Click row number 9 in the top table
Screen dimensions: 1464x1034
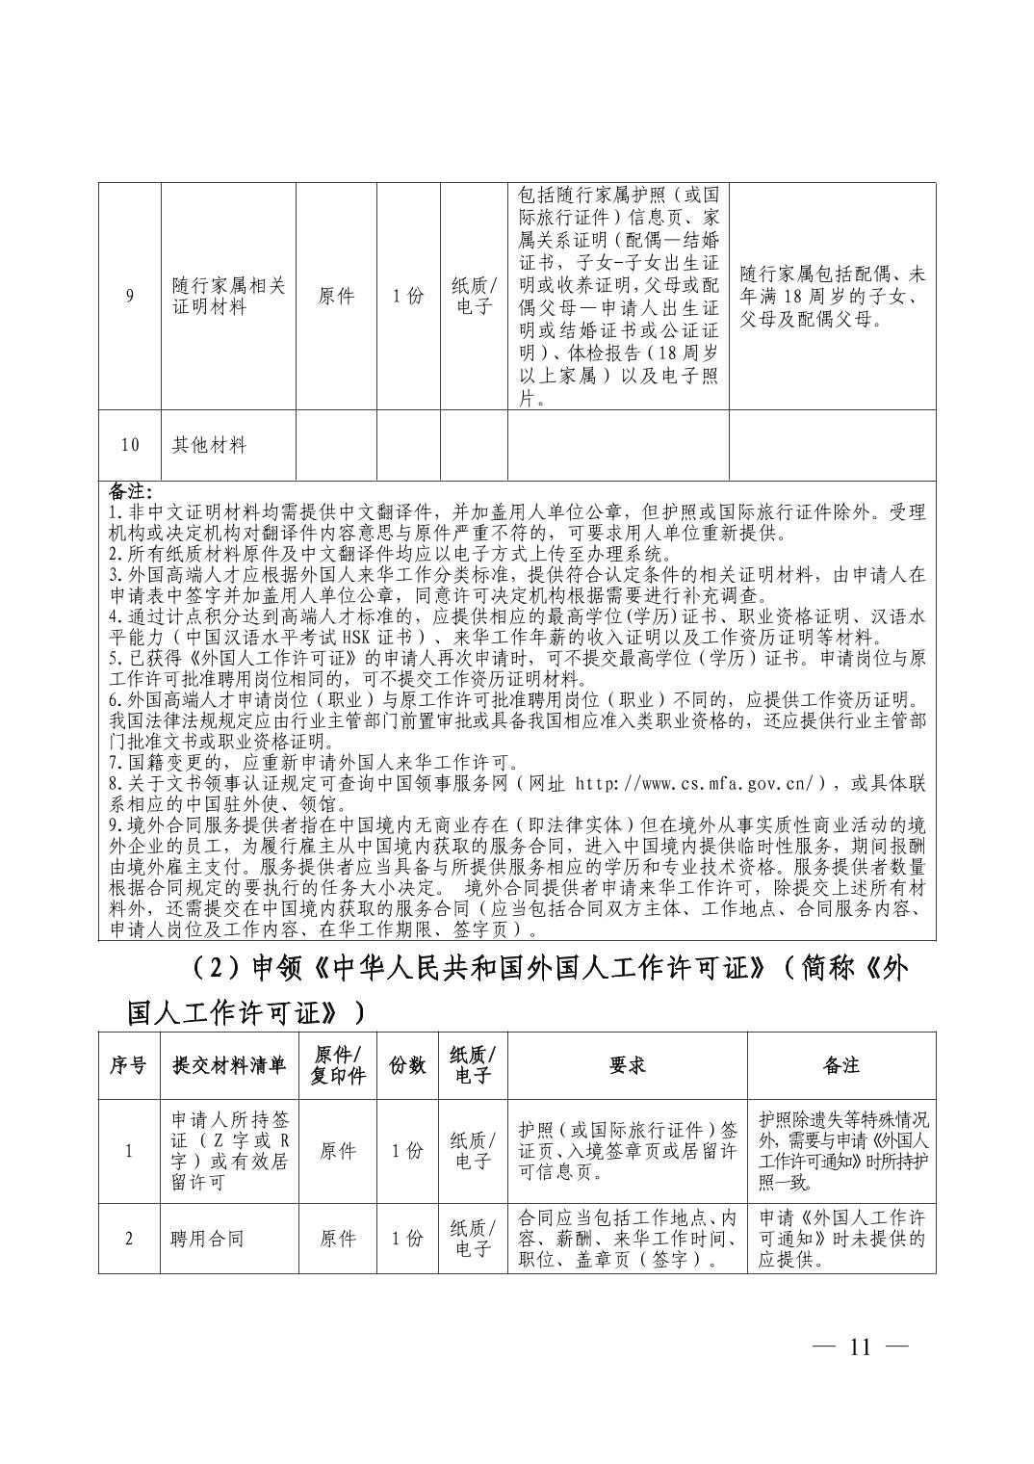click(129, 297)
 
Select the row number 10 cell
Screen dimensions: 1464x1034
click(129, 445)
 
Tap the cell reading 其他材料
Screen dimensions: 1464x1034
click(209, 445)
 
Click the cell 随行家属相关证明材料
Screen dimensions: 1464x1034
click(228, 297)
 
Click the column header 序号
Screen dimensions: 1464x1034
click(129, 1064)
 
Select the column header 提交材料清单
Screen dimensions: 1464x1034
click(228, 1064)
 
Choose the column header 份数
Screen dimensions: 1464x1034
click(407, 1064)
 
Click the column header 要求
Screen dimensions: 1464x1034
click(627, 1064)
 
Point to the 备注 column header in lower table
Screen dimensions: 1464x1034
click(840, 1064)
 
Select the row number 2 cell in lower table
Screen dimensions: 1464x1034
click(129, 1239)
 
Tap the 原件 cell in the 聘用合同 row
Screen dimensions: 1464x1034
click(337, 1239)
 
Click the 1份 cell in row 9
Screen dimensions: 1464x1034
click(407, 297)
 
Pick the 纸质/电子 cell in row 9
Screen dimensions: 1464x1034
click(474, 297)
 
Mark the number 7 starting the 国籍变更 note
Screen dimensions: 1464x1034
click(113, 763)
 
